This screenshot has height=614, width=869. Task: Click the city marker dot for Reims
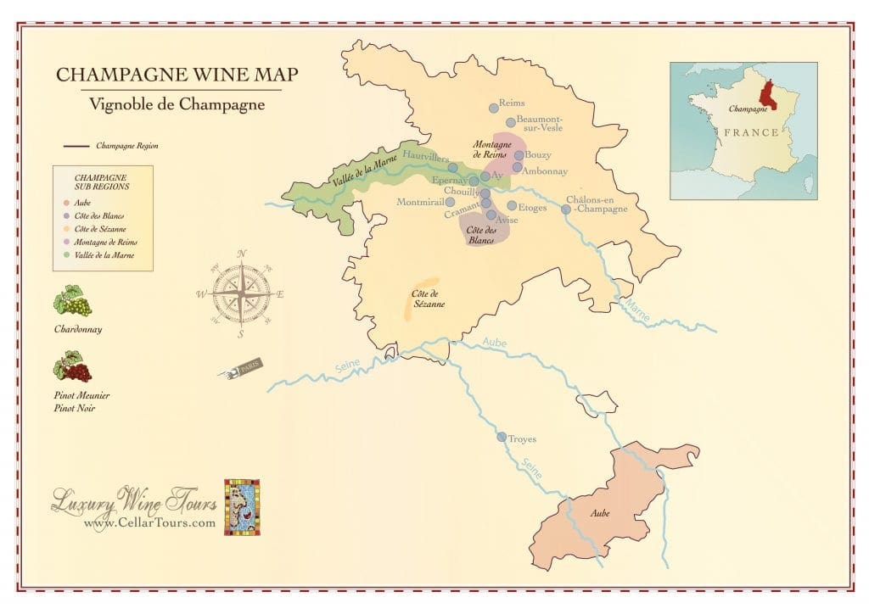click(493, 108)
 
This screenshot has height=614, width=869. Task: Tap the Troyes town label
click(523, 439)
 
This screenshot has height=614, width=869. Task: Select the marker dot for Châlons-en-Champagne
click(566, 209)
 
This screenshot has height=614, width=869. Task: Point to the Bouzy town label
click(539, 155)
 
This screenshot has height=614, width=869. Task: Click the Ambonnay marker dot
click(517, 167)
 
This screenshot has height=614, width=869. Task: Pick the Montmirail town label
click(420, 202)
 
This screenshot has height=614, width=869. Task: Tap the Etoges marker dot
click(512, 205)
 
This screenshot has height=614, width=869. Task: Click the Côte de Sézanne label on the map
click(429, 299)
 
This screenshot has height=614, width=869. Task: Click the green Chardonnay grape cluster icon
click(73, 301)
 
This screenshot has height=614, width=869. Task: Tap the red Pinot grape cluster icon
click(73, 367)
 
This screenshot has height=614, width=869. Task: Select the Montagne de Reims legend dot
click(67, 242)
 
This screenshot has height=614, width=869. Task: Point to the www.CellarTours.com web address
click(149, 523)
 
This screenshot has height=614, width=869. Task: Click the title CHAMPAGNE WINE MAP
click(177, 75)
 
